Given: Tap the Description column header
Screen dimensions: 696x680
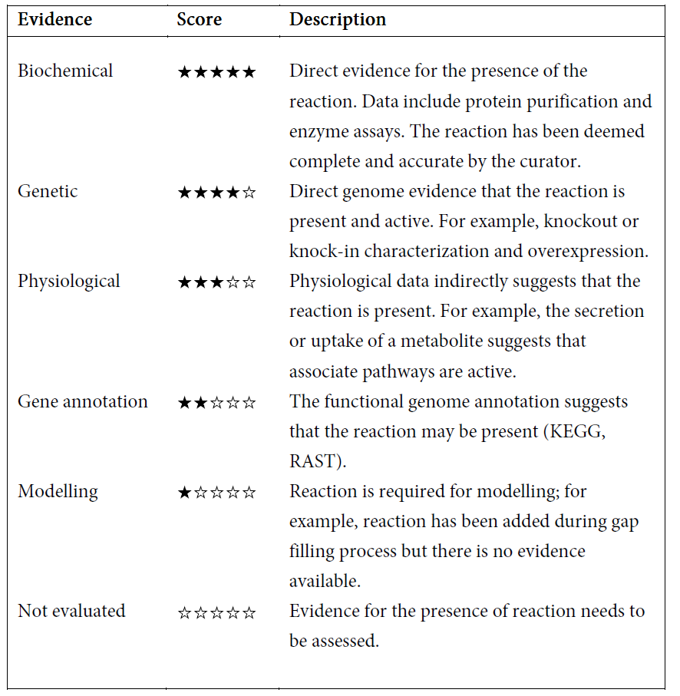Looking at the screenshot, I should [338, 20].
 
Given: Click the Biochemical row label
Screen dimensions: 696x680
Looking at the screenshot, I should [65, 71].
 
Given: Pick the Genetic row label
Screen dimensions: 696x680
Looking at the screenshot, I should [48, 191].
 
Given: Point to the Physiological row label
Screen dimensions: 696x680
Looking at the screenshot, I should [69, 282].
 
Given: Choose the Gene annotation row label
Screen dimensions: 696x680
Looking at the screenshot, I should [83, 402].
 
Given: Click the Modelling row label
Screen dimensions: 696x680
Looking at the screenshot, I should [58, 492].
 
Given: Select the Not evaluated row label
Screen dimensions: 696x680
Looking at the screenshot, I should [71, 612].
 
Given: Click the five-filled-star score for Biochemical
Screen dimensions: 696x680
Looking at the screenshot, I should [216, 73].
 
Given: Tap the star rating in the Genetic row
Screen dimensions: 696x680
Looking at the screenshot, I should [216, 193].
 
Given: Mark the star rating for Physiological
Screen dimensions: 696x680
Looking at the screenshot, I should [216, 283].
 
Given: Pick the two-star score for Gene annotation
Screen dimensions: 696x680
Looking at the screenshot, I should [216, 404].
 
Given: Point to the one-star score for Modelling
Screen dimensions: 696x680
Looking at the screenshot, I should [216, 493].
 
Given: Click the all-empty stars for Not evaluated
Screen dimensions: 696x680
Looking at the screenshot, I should [216, 613].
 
